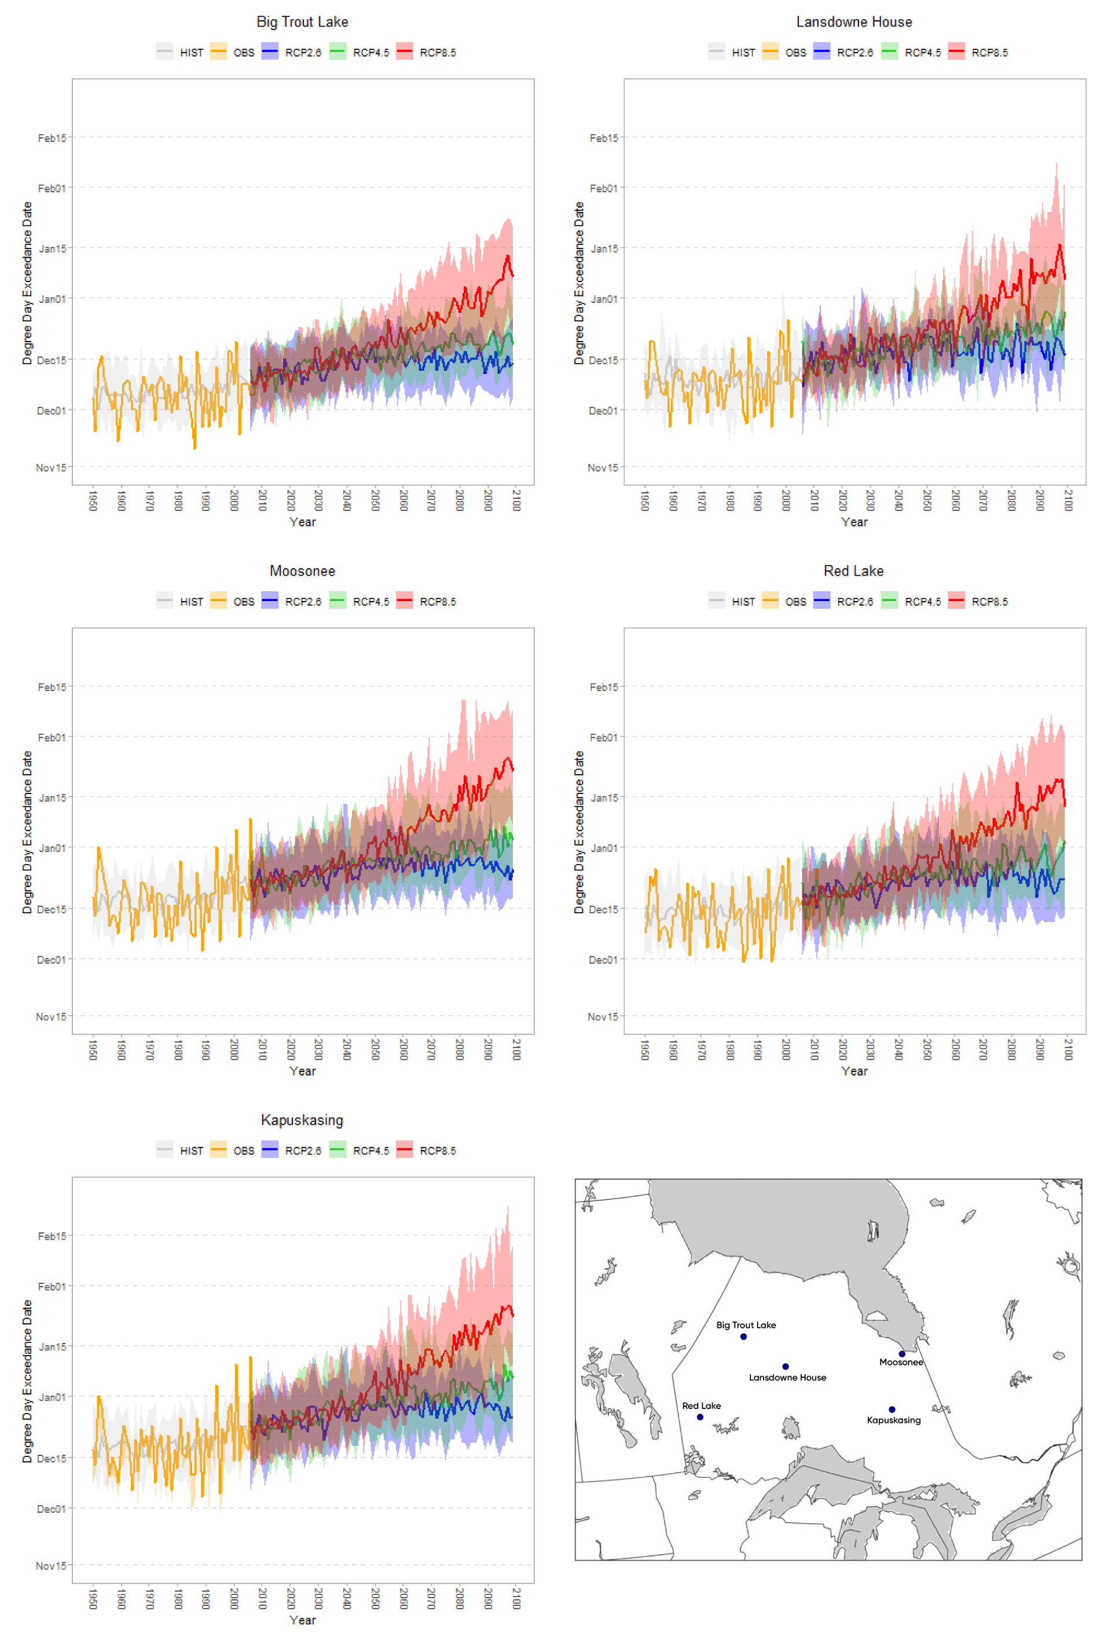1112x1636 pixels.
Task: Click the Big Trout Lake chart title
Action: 302,22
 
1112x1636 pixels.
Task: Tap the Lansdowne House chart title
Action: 854,22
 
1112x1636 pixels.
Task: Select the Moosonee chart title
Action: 302,571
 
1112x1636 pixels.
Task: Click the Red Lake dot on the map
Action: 700,1417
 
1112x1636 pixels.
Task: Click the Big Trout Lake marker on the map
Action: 743,1337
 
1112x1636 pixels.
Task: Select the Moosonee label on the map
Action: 901,1362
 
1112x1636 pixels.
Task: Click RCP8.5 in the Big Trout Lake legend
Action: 437,53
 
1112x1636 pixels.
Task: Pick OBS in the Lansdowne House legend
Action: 795,53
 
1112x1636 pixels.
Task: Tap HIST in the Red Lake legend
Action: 743,602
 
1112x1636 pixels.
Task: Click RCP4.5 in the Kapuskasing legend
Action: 370,1151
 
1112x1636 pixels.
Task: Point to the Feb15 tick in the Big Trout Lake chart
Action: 52,138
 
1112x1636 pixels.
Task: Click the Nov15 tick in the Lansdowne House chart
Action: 603,467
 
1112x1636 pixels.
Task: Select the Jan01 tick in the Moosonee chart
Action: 52,848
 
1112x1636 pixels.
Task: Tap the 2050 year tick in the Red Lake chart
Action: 927,1049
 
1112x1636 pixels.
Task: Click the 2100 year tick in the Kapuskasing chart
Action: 516,1598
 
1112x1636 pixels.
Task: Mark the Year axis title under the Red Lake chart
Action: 854,1071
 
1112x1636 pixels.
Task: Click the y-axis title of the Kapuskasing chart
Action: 27,1381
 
